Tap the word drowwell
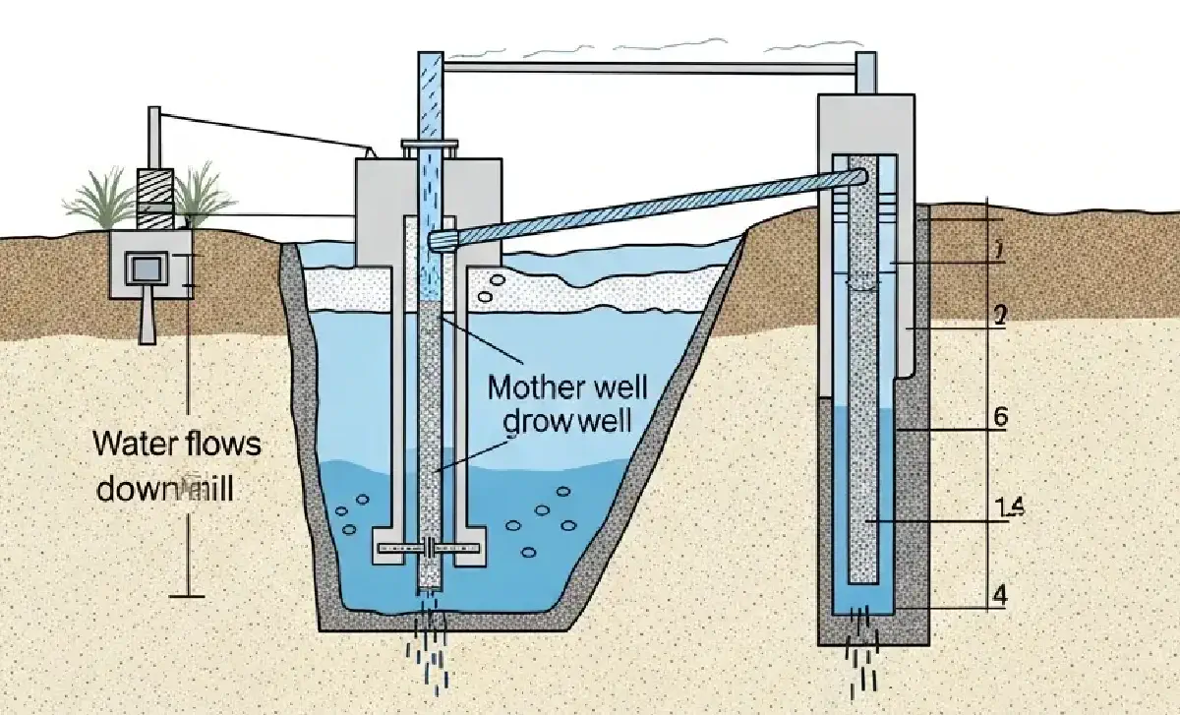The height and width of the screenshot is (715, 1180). [x=566, y=422]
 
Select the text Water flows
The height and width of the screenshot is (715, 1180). [x=178, y=444]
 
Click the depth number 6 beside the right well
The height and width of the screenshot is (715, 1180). [x=1000, y=416]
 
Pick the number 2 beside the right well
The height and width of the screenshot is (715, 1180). [x=999, y=316]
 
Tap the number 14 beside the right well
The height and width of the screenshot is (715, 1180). [x=1010, y=507]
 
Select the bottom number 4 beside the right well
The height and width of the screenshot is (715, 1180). [x=999, y=595]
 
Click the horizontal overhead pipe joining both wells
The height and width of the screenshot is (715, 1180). [x=649, y=68]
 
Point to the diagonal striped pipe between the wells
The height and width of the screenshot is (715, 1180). [x=649, y=209]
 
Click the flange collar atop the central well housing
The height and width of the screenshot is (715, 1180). [x=430, y=148]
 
